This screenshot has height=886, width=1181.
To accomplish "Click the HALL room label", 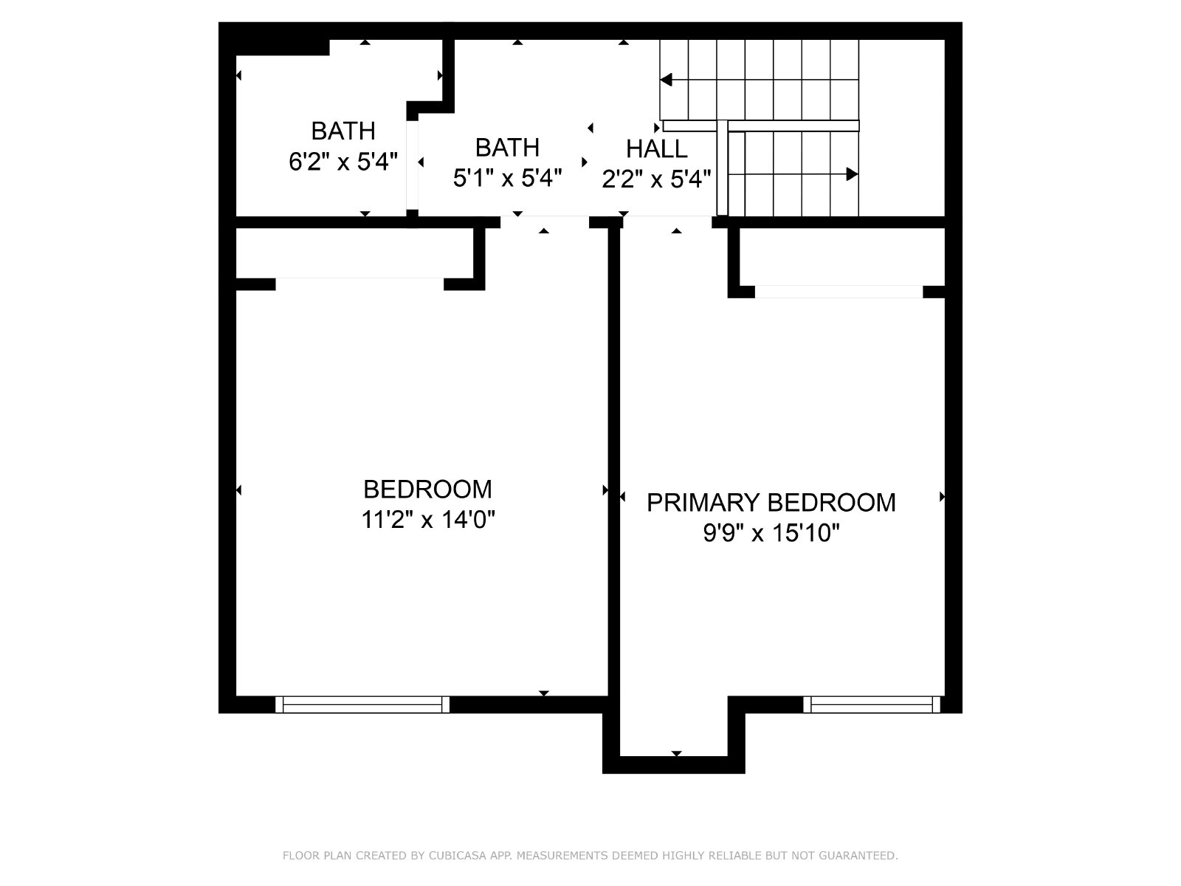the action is tap(656, 149).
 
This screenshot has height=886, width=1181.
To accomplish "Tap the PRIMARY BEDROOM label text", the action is tap(771, 503).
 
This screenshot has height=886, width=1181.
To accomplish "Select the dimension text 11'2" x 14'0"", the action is tap(427, 520).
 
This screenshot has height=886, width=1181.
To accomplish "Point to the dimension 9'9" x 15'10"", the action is tap(771, 533).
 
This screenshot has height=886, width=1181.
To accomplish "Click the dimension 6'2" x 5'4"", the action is tap(343, 162).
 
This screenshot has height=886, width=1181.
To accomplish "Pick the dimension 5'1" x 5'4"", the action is tap(507, 177).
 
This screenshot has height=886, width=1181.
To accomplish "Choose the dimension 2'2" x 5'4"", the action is tap(656, 179).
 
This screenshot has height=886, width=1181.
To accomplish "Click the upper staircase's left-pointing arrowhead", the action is tap(666, 80).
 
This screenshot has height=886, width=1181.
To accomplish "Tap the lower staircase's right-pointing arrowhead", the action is tap(852, 174).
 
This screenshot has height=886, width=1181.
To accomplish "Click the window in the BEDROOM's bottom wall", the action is tap(362, 704).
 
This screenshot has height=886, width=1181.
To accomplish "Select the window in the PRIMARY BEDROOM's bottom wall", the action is tap(872, 704).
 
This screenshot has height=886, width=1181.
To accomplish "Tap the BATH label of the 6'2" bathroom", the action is tap(343, 131).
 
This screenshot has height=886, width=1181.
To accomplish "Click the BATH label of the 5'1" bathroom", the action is tap(507, 148).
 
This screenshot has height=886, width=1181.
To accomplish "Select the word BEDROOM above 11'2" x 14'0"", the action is tap(427, 490).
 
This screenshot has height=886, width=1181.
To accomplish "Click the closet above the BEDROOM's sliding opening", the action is tap(354, 253).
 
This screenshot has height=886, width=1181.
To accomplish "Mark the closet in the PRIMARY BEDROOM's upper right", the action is tap(842, 257).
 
